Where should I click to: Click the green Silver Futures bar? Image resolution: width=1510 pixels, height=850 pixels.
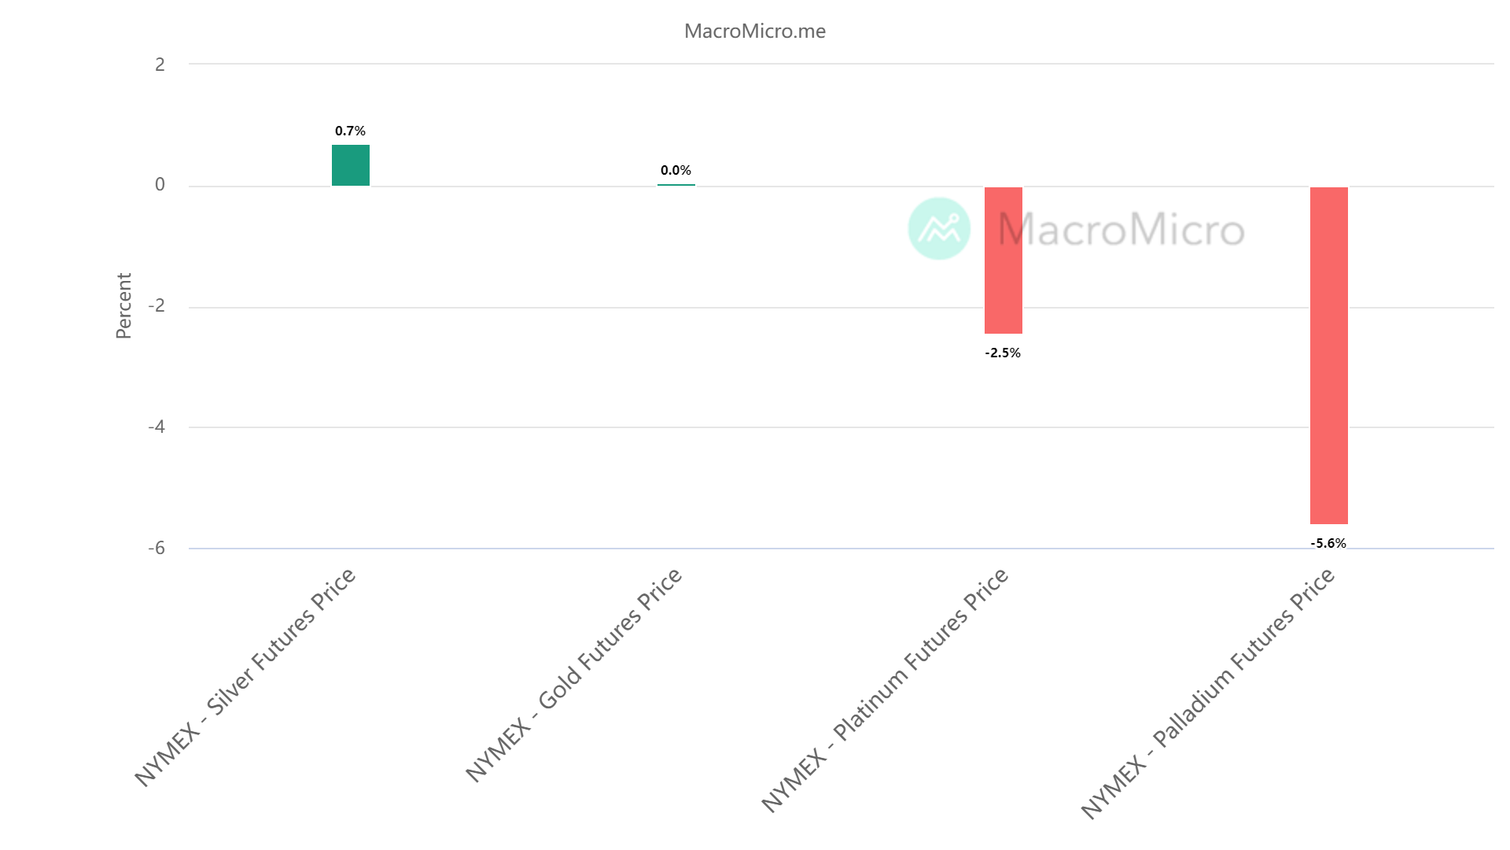350,165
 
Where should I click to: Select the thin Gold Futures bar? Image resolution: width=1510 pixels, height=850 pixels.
676,185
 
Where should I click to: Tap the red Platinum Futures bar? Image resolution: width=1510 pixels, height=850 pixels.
1003,261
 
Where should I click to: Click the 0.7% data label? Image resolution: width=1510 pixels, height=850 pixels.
350,131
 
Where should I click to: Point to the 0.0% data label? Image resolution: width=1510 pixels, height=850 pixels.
676,170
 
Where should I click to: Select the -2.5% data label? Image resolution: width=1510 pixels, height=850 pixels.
1003,353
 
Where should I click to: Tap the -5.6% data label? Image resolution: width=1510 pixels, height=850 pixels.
1328,543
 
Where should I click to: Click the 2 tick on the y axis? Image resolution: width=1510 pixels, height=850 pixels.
160,65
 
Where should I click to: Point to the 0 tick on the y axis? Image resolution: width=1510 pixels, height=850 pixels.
160,185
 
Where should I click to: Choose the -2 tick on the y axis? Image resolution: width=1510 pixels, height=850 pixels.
157,306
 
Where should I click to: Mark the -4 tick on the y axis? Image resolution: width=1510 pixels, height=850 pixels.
157,427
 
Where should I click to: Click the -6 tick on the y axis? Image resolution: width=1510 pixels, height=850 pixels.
157,548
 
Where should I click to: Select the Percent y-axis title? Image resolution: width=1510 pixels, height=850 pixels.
123,306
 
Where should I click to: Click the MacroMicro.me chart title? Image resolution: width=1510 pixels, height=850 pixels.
754,31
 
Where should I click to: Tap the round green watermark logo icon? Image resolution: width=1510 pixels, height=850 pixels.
939,228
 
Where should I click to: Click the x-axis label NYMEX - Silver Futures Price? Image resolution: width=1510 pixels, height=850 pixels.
245,677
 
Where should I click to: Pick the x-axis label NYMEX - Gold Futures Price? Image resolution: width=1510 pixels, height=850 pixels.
573,675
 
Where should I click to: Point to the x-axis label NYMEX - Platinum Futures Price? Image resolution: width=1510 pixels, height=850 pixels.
885,689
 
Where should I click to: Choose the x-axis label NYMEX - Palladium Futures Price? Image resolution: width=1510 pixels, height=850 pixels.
1207,693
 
